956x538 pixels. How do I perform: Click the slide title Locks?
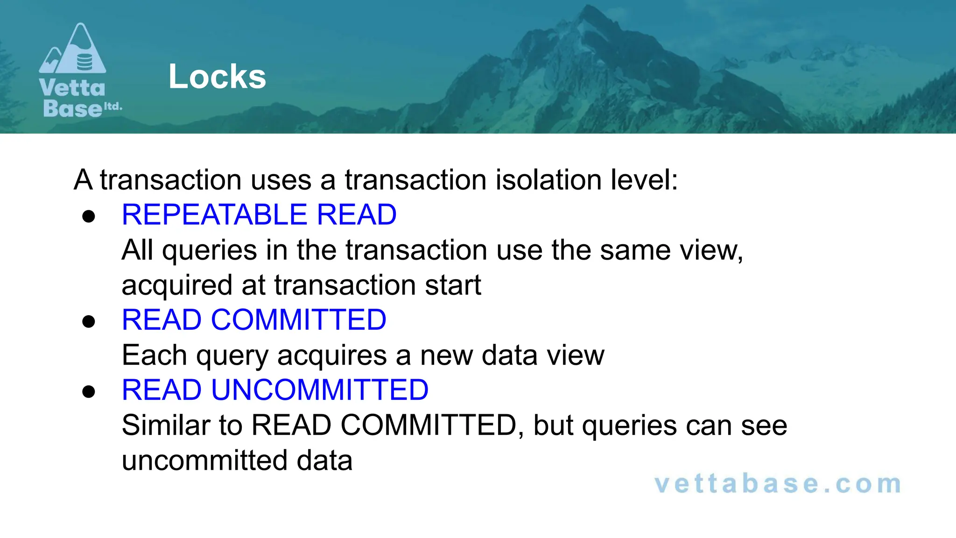[x=217, y=77]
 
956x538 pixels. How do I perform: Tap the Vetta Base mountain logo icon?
[x=73, y=50]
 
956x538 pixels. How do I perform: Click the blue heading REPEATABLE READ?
[x=259, y=215]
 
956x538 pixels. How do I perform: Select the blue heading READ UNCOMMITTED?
[x=275, y=390]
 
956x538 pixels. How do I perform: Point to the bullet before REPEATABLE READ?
[x=89, y=216]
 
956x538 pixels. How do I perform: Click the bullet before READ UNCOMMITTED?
[x=89, y=391]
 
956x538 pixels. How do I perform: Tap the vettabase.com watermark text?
[x=778, y=484]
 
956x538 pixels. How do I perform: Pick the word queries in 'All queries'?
[x=210, y=251]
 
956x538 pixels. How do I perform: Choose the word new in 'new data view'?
[x=446, y=356]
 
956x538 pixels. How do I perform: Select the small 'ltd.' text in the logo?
[x=112, y=106]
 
